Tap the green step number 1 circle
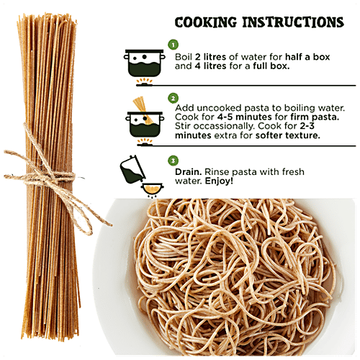174,45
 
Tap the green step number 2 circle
174,98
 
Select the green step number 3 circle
174,159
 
